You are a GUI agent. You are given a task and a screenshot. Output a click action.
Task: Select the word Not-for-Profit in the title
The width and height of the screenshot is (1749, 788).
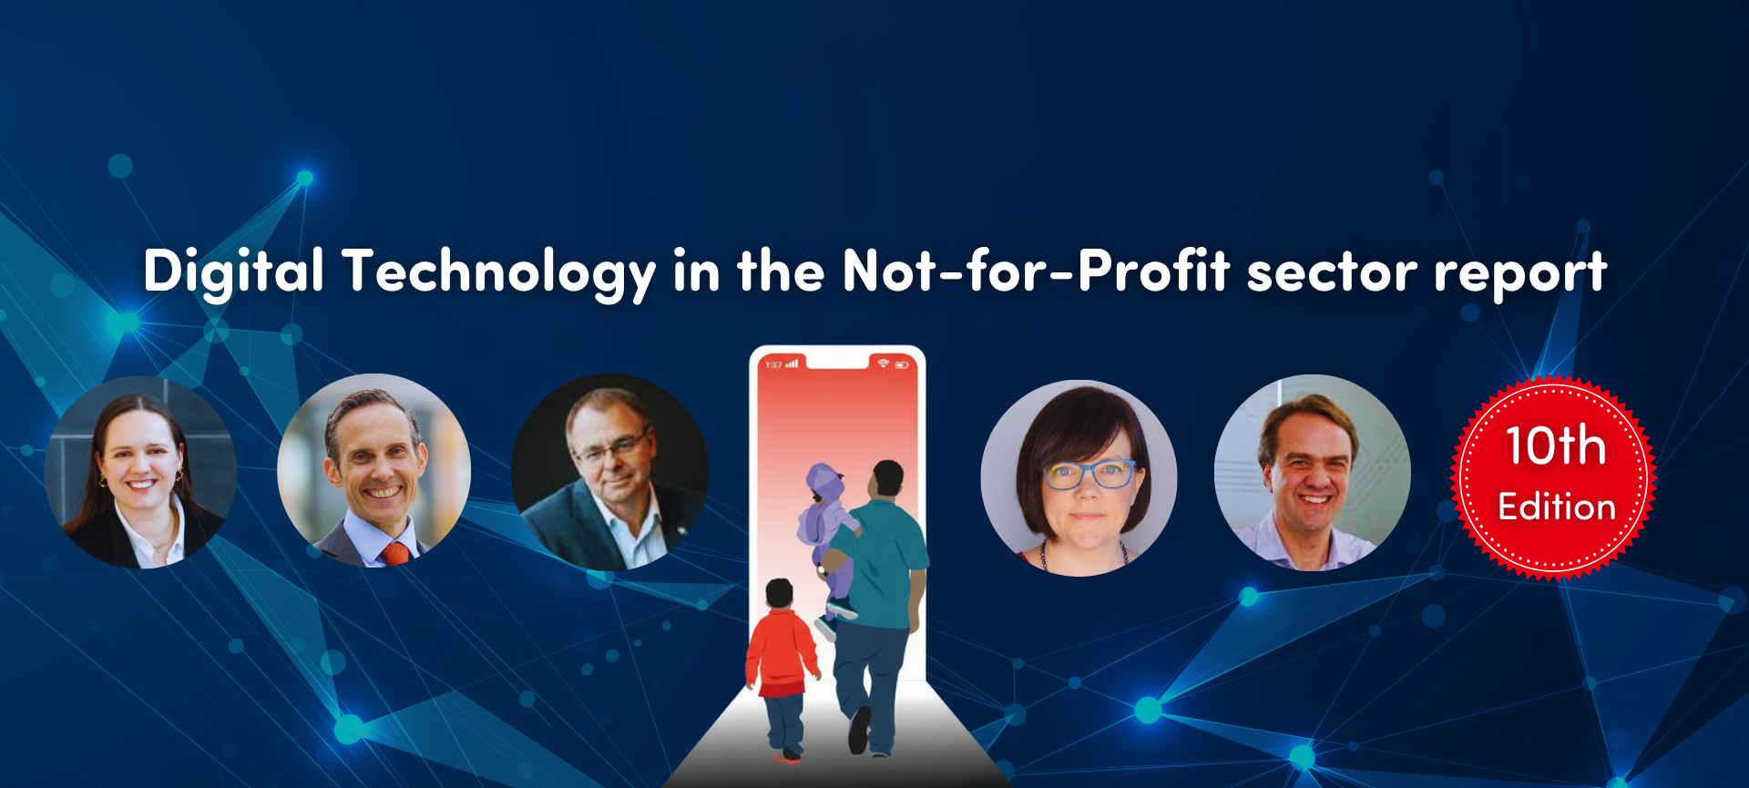(x=1036, y=271)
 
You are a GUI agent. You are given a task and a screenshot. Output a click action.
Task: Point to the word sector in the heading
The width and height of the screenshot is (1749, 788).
(x=1332, y=273)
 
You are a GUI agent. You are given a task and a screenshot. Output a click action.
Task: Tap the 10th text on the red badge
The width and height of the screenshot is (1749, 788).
(x=1555, y=445)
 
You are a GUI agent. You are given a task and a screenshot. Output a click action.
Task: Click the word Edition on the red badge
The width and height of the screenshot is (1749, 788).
(x=1557, y=507)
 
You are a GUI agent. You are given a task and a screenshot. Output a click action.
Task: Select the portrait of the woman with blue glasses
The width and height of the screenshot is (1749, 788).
(x=1079, y=478)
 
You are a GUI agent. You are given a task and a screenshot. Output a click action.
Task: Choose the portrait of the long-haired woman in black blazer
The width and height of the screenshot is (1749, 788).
(x=140, y=472)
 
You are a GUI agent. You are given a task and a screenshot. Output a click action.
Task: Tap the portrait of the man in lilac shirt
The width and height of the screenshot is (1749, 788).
(x=1312, y=473)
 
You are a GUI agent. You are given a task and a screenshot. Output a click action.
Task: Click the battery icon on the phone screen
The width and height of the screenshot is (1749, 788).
(x=902, y=364)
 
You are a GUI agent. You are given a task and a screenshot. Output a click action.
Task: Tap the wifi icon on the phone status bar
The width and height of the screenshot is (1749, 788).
(x=883, y=363)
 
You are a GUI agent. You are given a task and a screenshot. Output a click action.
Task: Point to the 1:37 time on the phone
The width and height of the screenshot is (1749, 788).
(x=773, y=364)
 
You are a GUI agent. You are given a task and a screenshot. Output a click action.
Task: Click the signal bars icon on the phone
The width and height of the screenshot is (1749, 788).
(x=792, y=363)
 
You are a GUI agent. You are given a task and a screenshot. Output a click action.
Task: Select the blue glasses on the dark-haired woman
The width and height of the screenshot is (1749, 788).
(x=1089, y=474)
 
